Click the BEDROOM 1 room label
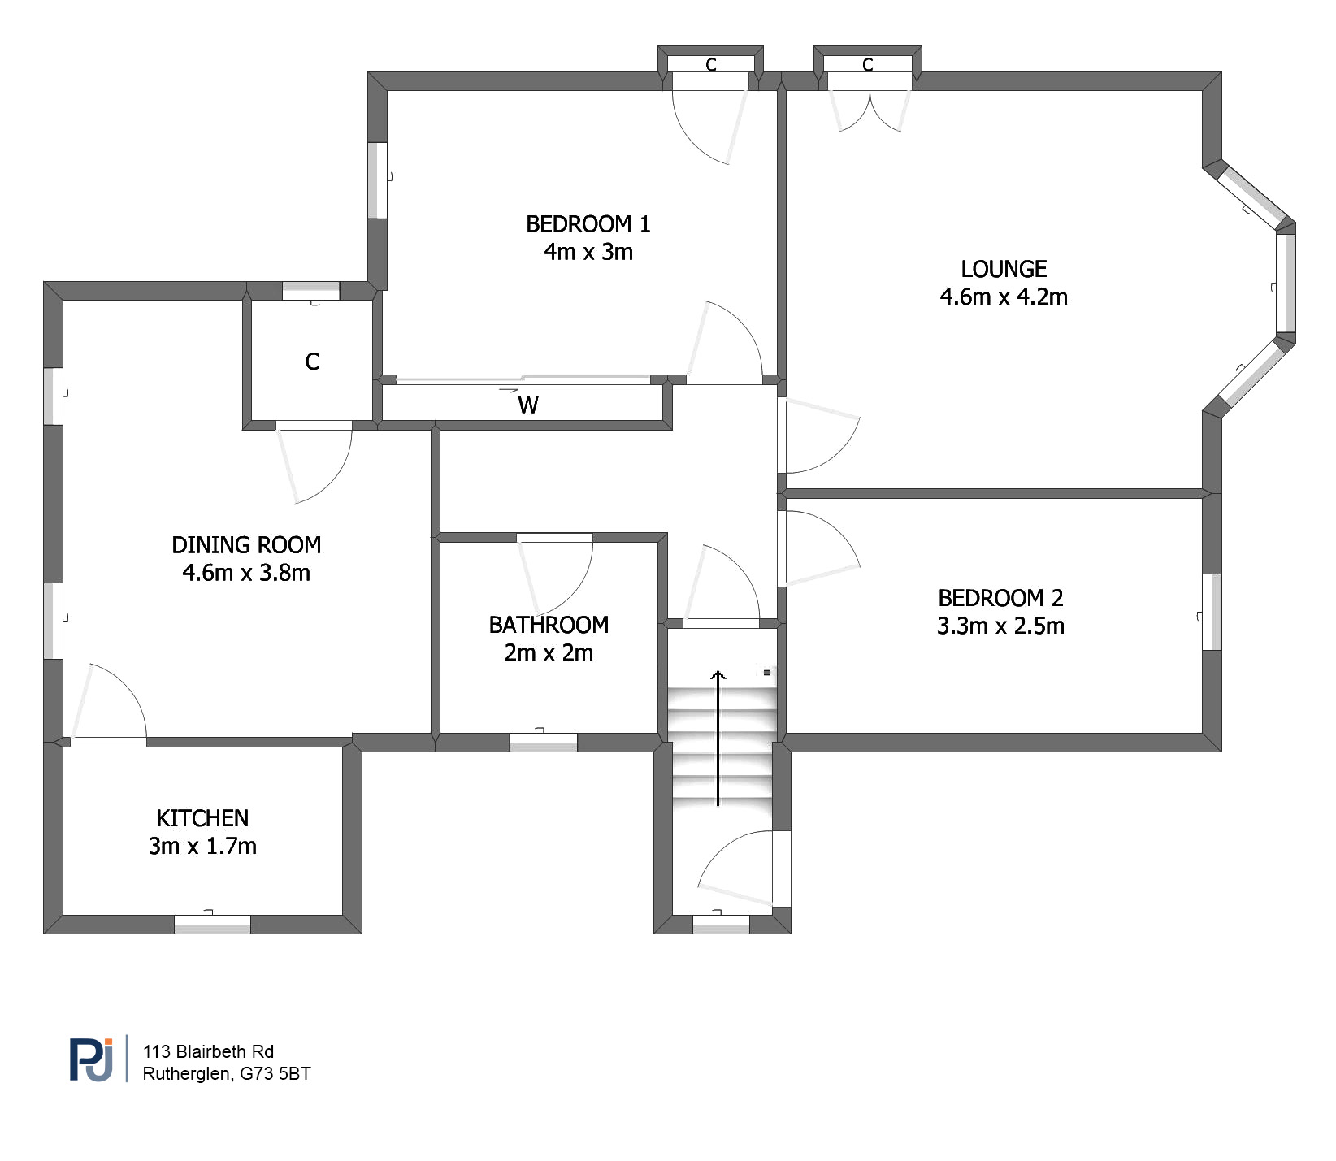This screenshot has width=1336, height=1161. (588, 224)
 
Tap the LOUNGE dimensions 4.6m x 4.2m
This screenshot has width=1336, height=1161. (1003, 297)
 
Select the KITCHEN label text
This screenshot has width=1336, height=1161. (202, 818)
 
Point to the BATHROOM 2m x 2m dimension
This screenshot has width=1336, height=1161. (549, 653)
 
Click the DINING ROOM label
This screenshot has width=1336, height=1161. (246, 545)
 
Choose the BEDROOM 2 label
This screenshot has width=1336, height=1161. (1000, 599)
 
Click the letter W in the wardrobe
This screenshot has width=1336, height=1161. (527, 405)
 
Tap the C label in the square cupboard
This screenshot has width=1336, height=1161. (312, 362)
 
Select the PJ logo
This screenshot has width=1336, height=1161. (91, 1059)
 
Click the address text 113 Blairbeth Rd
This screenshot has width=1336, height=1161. (208, 1051)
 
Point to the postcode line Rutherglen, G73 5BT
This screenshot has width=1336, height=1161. (226, 1074)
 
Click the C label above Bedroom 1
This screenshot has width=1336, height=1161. (711, 64)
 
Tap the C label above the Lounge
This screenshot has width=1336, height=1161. (867, 64)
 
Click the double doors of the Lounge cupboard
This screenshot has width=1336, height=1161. (870, 110)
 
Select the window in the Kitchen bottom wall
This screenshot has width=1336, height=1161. (212, 925)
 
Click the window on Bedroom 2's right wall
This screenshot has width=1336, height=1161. (1211, 612)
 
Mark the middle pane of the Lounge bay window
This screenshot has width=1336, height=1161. (1285, 283)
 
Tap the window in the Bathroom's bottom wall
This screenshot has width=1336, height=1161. (543, 742)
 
